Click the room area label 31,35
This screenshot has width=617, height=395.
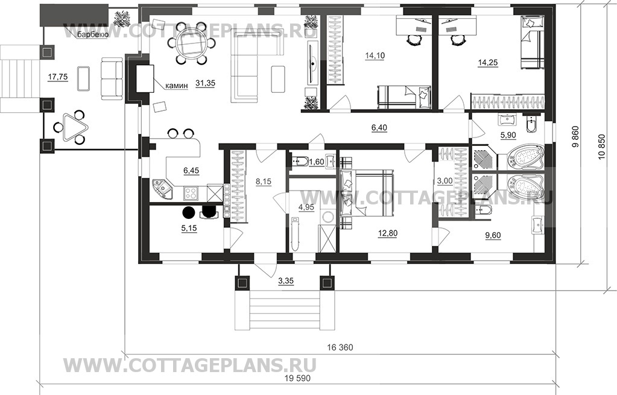point(205,83)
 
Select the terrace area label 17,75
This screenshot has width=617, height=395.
point(58,77)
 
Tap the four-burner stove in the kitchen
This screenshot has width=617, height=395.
point(191,193)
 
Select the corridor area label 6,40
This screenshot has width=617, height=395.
point(379,127)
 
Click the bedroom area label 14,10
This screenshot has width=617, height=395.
point(375,56)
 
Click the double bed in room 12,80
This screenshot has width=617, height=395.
point(367,192)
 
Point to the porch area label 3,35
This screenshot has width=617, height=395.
point(286,281)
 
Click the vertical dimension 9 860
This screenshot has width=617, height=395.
point(575,140)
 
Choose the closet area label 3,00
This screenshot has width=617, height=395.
point(445,181)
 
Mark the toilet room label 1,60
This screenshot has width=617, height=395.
point(317,162)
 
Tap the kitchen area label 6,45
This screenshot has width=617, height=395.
point(191,170)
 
